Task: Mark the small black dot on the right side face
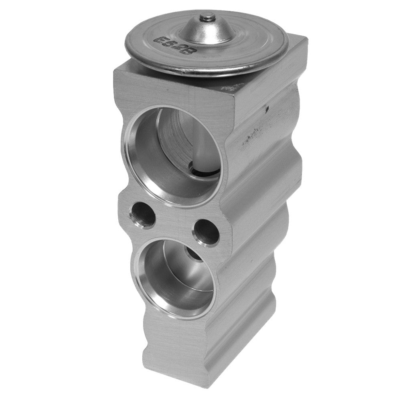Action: tap(266, 107)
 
